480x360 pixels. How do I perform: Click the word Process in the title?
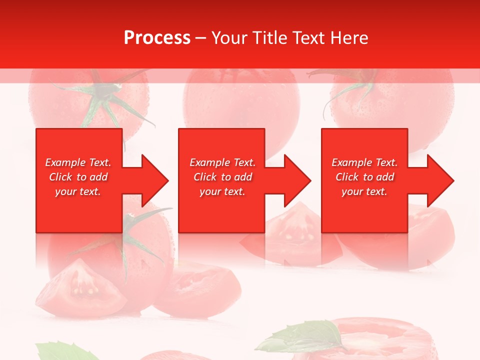(157, 37)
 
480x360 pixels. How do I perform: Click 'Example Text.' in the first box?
(78, 162)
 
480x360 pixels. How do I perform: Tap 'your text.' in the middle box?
(222, 191)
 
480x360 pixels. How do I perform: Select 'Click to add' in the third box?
(364, 177)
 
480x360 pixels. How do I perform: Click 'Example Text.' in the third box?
(364, 162)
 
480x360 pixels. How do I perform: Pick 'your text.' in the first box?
(78, 191)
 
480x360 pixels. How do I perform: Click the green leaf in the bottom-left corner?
(57, 351)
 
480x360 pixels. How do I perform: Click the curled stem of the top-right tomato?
(350, 90)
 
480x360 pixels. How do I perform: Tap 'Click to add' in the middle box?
(222, 177)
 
